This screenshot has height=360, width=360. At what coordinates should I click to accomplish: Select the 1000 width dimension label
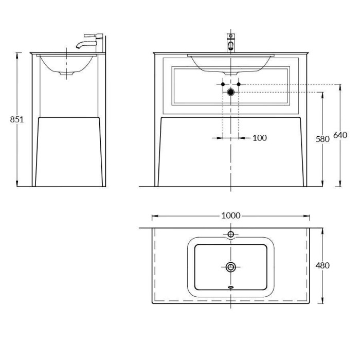[230, 215]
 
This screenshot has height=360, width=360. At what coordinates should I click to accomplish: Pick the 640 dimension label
[340, 135]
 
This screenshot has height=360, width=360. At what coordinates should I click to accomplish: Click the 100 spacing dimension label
[260, 138]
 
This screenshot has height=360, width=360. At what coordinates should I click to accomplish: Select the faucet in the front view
[231, 43]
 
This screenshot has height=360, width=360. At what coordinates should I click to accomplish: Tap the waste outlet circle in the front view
[230, 92]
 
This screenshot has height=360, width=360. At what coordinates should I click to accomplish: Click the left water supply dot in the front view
[222, 84]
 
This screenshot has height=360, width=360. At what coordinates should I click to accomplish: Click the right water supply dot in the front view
[239, 84]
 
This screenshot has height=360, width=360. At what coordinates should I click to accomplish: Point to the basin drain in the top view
[230, 266]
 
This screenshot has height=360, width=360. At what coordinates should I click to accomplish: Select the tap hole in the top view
[230, 235]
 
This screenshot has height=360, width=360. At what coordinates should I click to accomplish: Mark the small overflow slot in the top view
[230, 288]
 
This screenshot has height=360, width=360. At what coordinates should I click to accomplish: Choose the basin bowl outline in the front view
[230, 64]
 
